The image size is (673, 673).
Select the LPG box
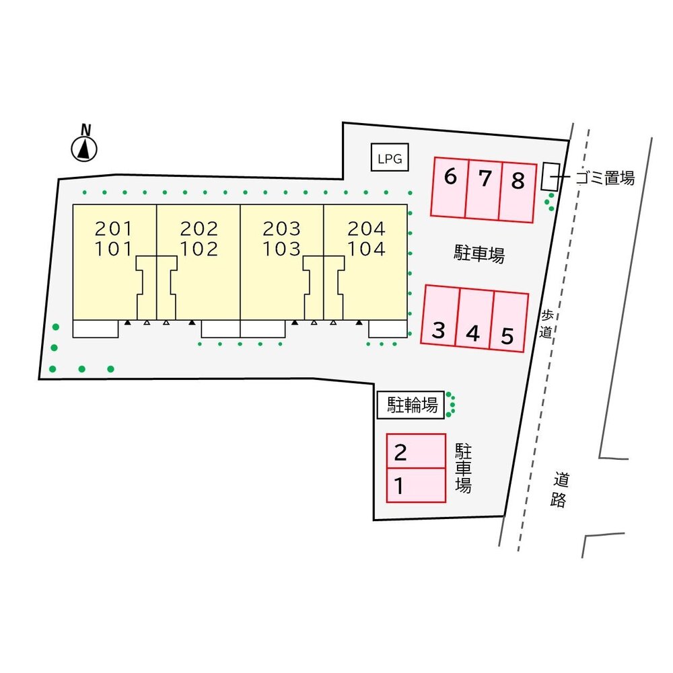[390, 157]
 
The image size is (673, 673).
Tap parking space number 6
[450, 188]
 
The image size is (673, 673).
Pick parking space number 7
[484, 190]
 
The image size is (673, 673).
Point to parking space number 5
[509, 321]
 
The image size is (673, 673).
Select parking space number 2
[416, 450]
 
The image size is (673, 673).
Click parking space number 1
[416, 485]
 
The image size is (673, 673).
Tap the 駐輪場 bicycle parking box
[411, 405]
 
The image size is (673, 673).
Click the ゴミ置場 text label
[605, 177]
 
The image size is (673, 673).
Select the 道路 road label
[559, 489]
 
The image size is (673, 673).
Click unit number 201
[114, 229]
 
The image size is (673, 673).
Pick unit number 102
[199, 249]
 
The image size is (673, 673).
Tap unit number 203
[281, 229]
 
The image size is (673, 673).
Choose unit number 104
[367, 249]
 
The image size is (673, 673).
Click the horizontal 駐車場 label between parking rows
[479, 254]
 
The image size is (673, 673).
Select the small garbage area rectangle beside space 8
[551, 177]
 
